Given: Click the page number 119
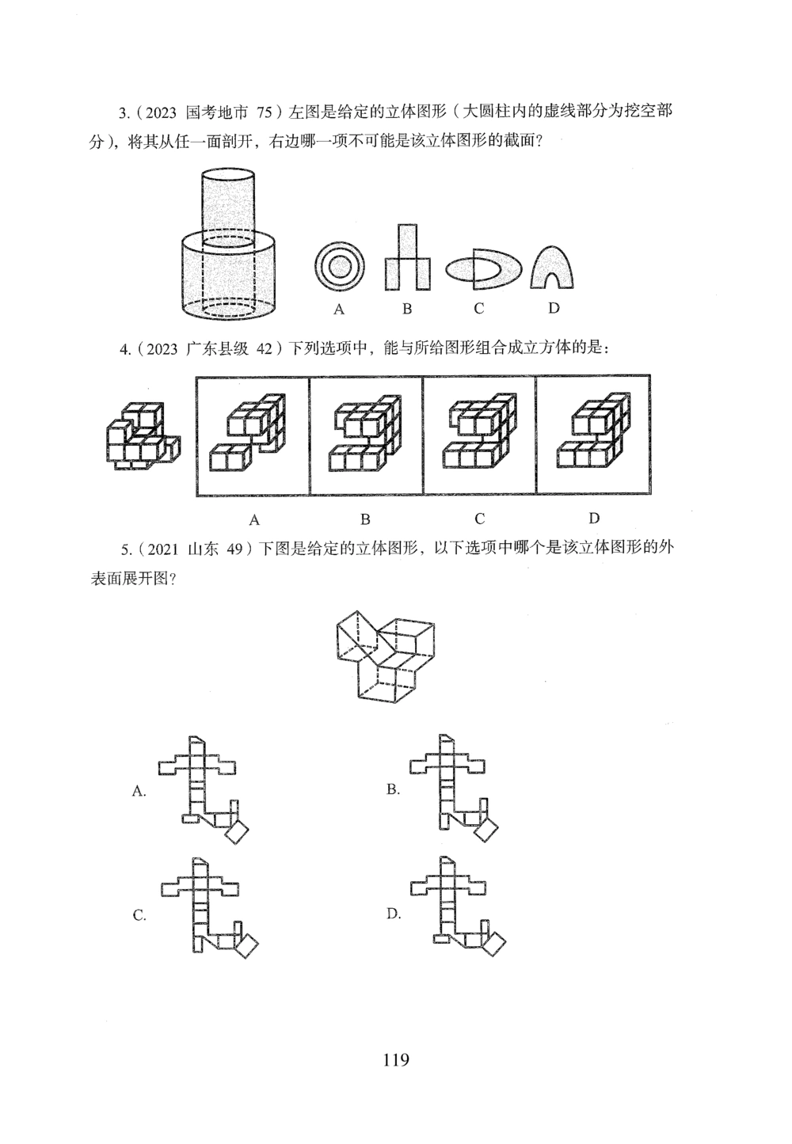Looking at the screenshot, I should pyautogui.click(x=395, y=1059).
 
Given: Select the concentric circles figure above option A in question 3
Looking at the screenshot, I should pyautogui.click(x=339, y=267).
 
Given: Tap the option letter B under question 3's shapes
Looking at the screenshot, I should pyautogui.click(x=406, y=309).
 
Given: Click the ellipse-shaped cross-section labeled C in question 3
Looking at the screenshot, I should pyautogui.click(x=484, y=269).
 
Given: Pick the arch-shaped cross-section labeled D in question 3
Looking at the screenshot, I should pyautogui.click(x=552, y=266).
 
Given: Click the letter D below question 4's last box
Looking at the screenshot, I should pyautogui.click(x=593, y=519).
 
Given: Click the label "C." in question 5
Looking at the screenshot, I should pyautogui.click(x=139, y=916).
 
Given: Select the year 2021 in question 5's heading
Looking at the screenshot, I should pyautogui.click(x=162, y=552).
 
